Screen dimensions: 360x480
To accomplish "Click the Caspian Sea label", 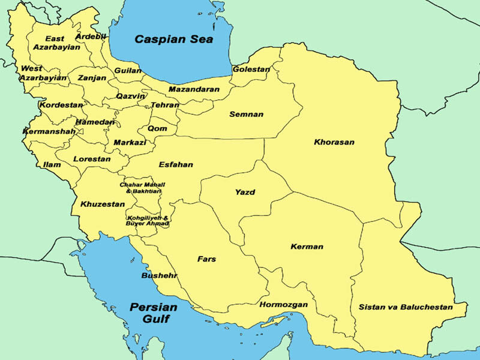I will pyautogui.click(x=174, y=40).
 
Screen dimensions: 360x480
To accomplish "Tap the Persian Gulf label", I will pyautogui.click(x=154, y=313).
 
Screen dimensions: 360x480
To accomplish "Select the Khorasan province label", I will pyautogui.click(x=334, y=142).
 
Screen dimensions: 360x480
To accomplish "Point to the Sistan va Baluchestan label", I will pyautogui.click(x=406, y=307).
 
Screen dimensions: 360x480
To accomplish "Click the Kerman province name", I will pyautogui.click(x=307, y=247).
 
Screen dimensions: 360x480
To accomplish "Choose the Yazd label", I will pyautogui.click(x=245, y=193).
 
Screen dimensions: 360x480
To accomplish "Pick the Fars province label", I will pyautogui.click(x=206, y=259).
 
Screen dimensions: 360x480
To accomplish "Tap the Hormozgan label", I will pyautogui.click(x=283, y=305).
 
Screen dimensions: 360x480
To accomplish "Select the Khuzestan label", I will pyautogui.click(x=103, y=204).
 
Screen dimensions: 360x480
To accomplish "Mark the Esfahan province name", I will pyautogui.click(x=176, y=164).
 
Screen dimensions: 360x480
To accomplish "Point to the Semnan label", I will pyautogui.click(x=246, y=114).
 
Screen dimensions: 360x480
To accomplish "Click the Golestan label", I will pyautogui.click(x=251, y=69).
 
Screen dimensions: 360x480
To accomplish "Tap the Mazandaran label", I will pyautogui.click(x=194, y=89).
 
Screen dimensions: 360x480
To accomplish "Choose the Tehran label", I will pyautogui.click(x=165, y=105).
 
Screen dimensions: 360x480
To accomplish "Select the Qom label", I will pyautogui.click(x=157, y=128).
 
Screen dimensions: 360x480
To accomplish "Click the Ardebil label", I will pyautogui.click(x=91, y=37).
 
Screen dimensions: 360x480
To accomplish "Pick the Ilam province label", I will pyautogui.click(x=52, y=164).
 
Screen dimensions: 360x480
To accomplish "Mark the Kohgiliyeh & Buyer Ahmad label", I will pyautogui.click(x=147, y=220).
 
